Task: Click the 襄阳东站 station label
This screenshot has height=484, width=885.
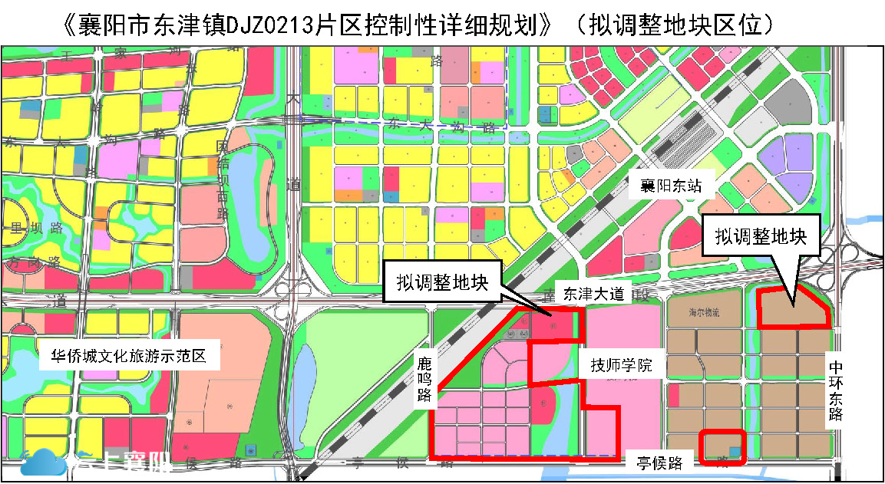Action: pyautogui.click(x=665, y=185)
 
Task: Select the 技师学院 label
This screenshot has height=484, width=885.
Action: pyautogui.click(x=621, y=365)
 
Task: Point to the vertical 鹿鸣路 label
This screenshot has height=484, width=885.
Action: pyautogui.click(x=424, y=377)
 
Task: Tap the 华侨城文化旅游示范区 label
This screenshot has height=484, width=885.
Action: pyautogui.click(x=130, y=356)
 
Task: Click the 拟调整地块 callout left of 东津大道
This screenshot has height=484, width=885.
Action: pyautogui.click(x=443, y=282)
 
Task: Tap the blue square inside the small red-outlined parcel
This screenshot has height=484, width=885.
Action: pyautogui.click(x=735, y=453)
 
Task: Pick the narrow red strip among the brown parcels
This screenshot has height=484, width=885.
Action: pyautogui.click(x=674, y=395)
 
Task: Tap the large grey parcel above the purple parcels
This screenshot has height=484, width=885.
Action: pyautogui.click(x=791, y=101)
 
